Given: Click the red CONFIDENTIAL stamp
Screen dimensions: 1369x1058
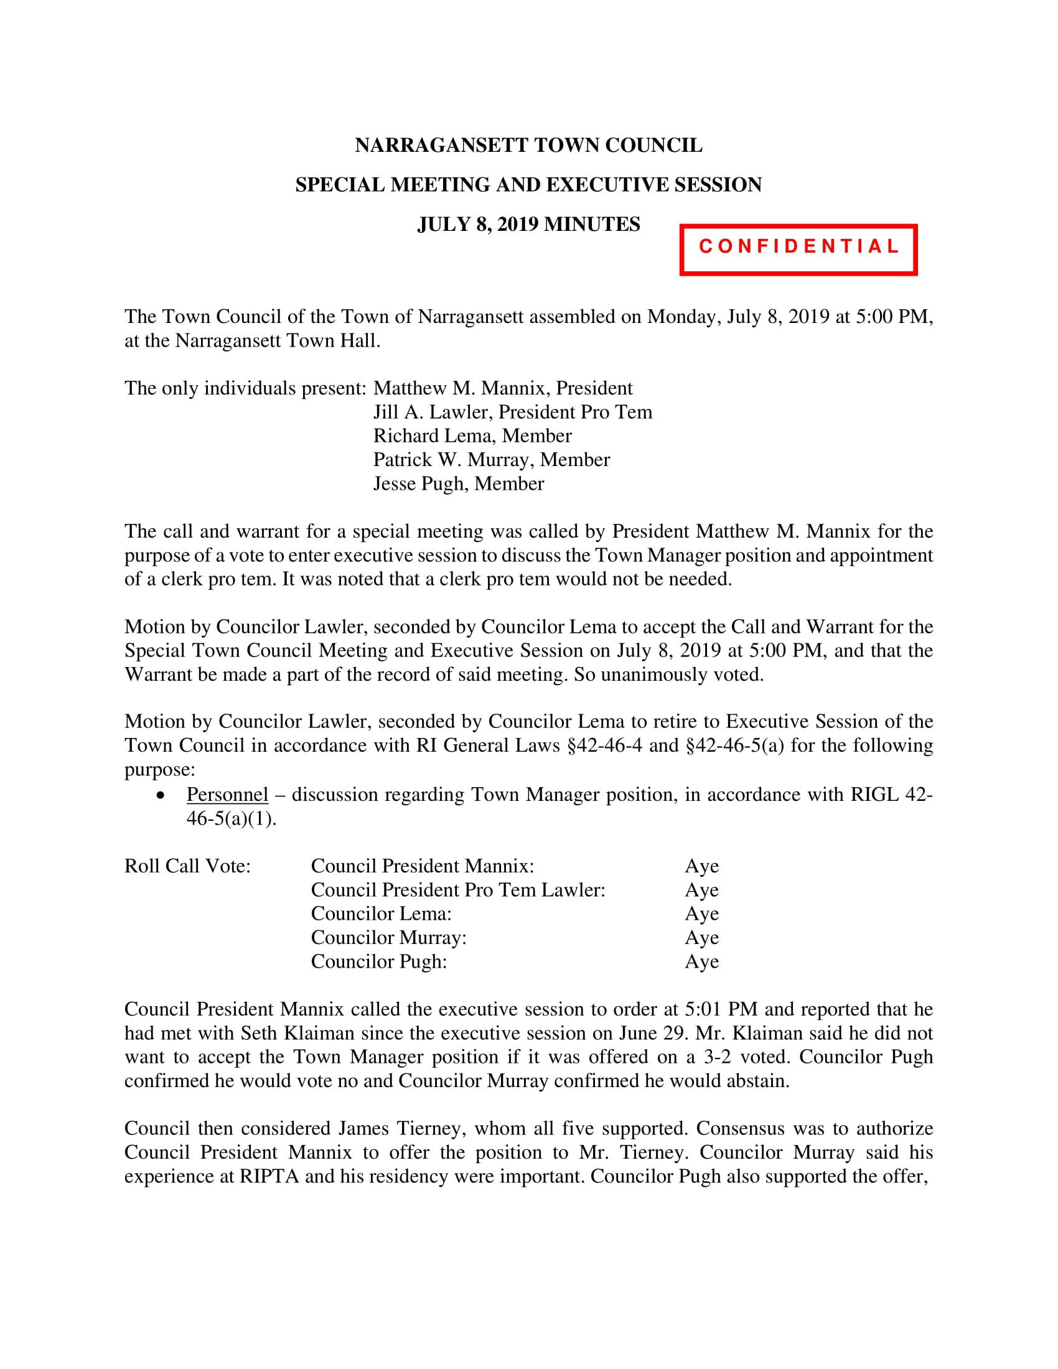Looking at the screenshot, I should coord(798,250).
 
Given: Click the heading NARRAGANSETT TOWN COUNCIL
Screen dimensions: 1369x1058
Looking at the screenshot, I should coord(528,146).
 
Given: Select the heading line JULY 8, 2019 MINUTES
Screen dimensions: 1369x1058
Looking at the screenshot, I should coord(528,224).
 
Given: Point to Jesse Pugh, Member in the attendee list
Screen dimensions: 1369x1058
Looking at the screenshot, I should coord(458,484).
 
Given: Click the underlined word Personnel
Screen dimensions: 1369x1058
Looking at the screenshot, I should coord(227,794).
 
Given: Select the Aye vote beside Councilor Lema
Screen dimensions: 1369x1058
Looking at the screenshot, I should coord(701,913).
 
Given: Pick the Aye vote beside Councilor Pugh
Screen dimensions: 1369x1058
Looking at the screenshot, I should coord(701,961).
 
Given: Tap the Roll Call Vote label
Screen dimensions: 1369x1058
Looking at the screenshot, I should coord(187,866).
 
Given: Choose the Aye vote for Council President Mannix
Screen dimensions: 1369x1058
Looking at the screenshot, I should coord(701,866).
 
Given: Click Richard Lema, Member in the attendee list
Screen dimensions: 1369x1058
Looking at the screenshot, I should coord(472,436).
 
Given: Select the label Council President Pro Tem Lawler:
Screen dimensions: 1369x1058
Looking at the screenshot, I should coord(457,889).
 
